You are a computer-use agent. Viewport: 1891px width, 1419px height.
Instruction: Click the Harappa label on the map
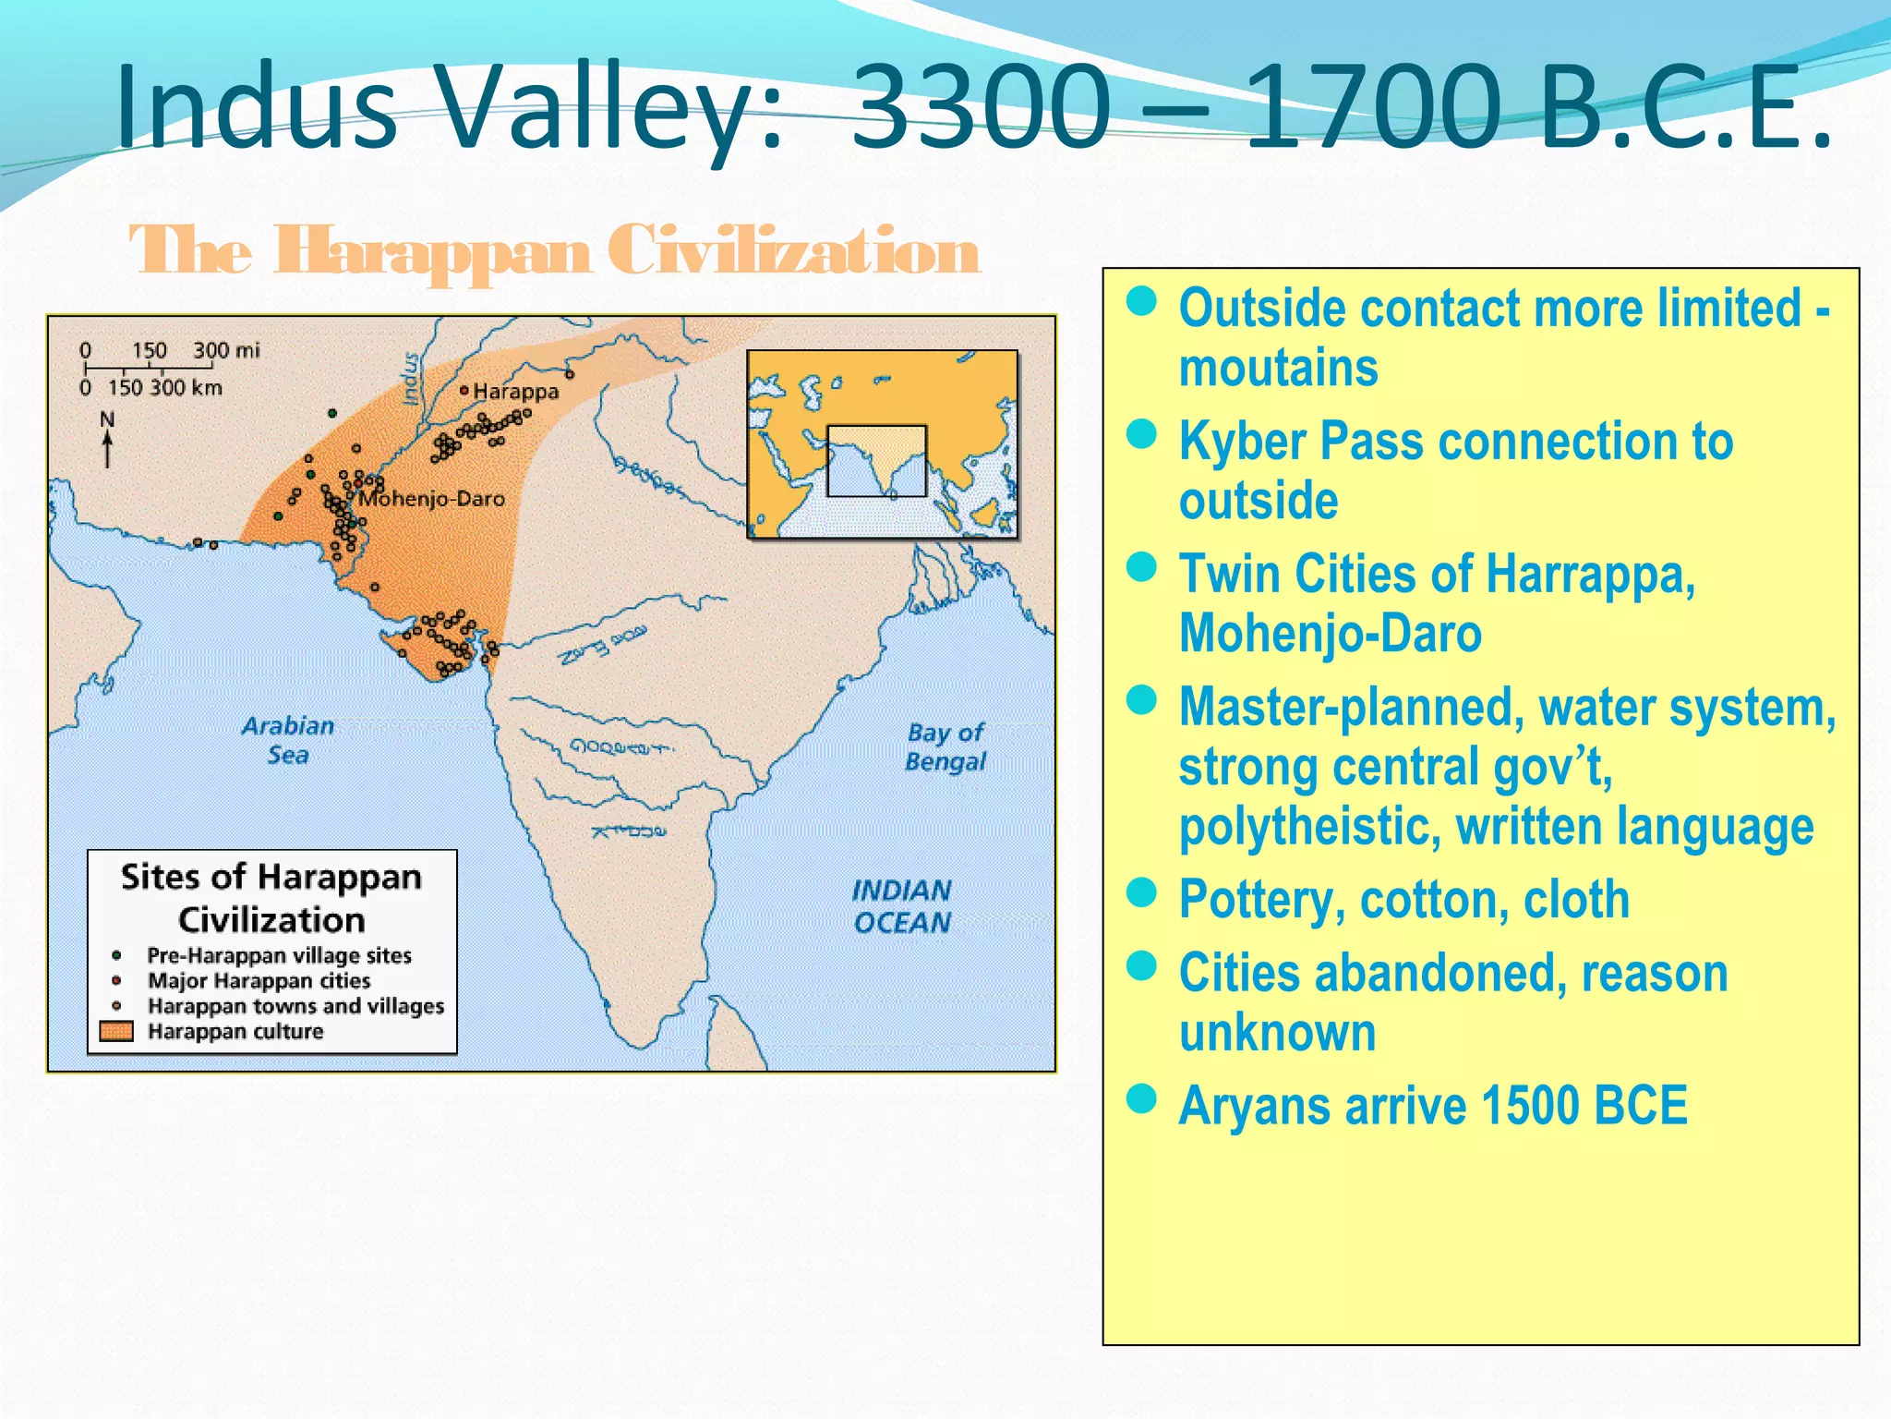[515, 392]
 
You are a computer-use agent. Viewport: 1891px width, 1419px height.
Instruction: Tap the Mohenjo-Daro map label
[432, 499]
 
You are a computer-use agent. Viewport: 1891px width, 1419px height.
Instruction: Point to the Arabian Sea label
[288, 740]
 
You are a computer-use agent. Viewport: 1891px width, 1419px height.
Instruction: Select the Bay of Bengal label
[945, 746]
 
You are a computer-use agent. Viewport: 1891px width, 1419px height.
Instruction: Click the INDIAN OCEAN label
[901, 906]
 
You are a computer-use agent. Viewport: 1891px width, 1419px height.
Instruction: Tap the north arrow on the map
[108, 441]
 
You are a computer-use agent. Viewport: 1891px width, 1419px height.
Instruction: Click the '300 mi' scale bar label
[226, 351]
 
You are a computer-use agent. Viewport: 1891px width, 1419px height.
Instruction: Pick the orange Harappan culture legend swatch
[116, 1031]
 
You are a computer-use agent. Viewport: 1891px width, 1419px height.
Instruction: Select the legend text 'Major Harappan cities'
[259, 980]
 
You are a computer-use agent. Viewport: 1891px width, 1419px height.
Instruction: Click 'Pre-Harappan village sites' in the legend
[279, 955]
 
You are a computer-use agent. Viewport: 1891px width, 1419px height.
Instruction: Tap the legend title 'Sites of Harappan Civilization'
[271, 897]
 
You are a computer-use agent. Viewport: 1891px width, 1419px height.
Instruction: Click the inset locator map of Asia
[882, 443]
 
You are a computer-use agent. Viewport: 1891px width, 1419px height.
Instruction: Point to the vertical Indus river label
[411, 379]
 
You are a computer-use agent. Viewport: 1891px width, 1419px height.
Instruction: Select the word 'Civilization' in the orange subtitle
[793, 250]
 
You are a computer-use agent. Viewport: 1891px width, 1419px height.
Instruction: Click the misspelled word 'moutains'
[1278, 368]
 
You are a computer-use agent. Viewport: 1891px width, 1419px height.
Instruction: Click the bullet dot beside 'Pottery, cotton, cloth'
[1142, 893]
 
